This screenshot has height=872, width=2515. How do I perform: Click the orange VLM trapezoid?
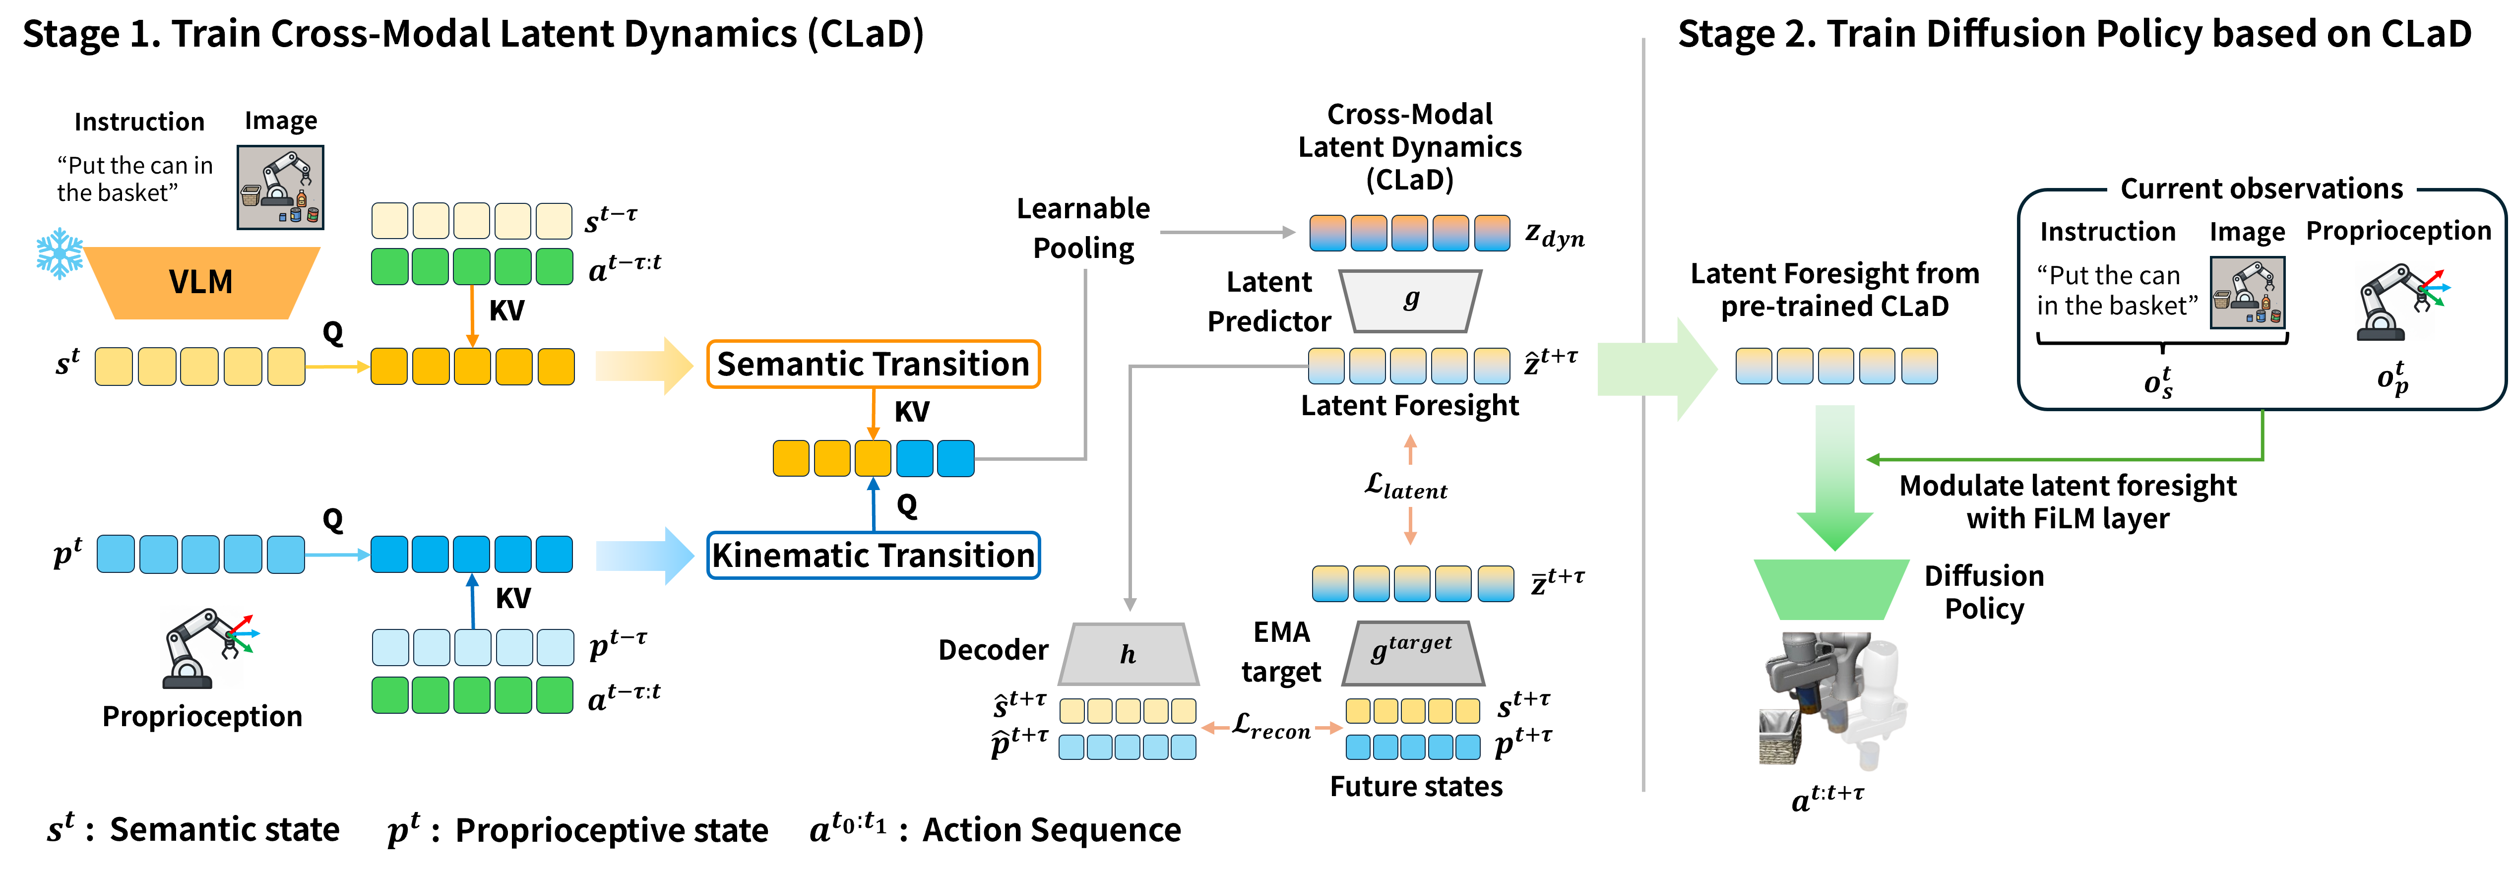(x=201, y=282)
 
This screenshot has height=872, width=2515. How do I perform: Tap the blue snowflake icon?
(x=60, y=254)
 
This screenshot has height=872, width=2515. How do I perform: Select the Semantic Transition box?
(x=873, y=364)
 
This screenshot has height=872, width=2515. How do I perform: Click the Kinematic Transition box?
(x=873, y=555)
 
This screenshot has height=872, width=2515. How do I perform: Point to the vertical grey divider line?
(x=1643, y=586)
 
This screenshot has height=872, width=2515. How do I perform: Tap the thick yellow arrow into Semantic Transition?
(x=644, y=366)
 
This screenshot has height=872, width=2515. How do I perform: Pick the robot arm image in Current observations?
(x=2397, y=301)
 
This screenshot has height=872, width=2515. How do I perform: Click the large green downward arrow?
(x=1834, y=479)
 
